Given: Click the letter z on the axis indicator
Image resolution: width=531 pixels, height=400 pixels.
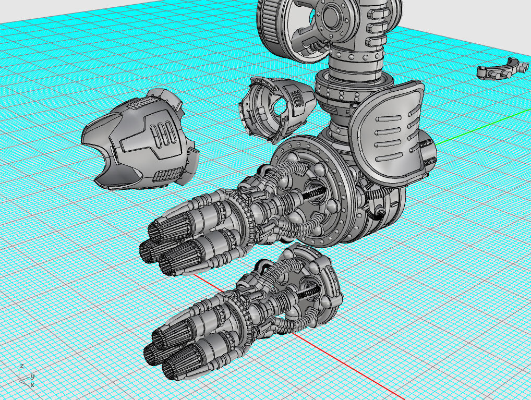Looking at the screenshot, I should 21,366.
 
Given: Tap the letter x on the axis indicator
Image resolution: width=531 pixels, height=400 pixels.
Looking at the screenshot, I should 32,385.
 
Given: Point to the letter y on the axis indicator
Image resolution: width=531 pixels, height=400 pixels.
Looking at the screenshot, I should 32,375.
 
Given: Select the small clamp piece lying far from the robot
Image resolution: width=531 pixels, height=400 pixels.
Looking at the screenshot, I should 502,69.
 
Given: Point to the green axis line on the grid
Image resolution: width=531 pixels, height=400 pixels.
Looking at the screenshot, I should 469,128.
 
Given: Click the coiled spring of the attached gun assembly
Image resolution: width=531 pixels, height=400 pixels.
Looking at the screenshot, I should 313,193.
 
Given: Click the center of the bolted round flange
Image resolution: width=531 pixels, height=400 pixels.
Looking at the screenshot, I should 331,16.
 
